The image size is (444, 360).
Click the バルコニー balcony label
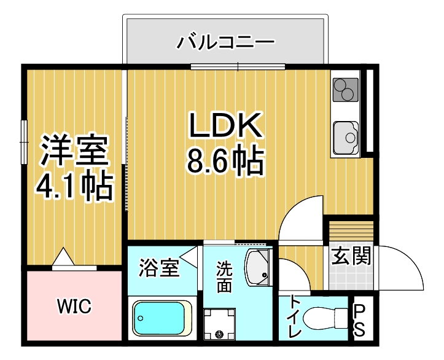pos(225,43)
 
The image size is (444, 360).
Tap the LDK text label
pos(225,127)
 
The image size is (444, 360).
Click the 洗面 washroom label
pos(224,276)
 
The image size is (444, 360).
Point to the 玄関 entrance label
pos(351,256)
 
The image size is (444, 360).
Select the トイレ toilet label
pos(295,316)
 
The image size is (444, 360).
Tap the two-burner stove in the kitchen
pos(346,91)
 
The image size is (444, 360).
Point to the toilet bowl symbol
pos(326,318)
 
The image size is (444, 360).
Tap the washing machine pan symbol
pos(219,324)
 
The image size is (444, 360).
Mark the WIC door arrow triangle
pos(63,257)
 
